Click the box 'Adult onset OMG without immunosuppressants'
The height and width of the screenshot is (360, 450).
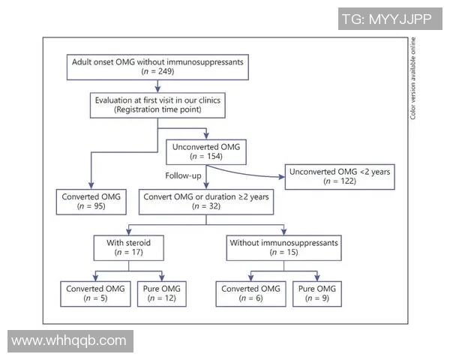tap(157, 65)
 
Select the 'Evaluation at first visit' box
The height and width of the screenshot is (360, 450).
tap(157, 104)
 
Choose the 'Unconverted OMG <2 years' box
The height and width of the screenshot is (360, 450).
tap(339, 177)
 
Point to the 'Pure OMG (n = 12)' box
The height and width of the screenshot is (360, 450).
tap(160, 293)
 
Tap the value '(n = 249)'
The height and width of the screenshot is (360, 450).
tap(157, 71)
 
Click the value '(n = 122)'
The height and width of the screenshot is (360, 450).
tap(339, 182)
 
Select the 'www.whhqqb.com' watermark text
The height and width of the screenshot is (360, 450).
tap(69, 340)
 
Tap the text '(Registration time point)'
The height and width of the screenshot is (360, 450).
tap(157, 109)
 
